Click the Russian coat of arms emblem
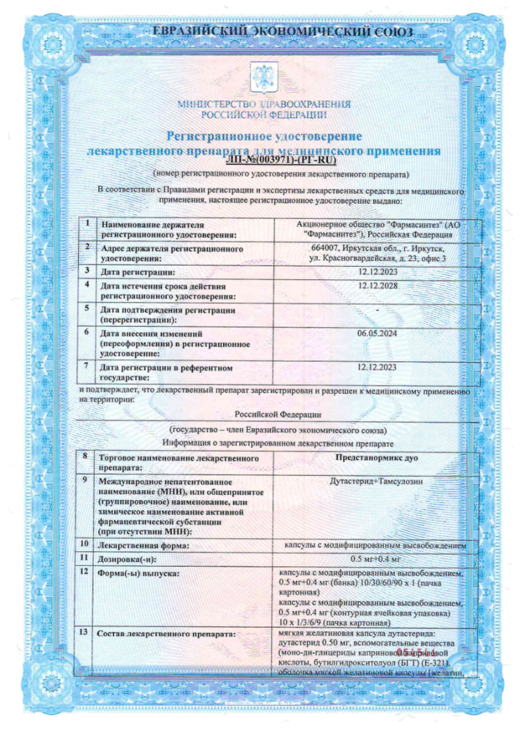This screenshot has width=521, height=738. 260,77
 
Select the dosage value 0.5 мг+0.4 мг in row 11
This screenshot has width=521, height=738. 375,559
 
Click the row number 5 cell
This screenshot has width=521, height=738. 87,309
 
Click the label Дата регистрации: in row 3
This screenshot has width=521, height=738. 138,271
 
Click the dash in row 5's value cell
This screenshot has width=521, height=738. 377,309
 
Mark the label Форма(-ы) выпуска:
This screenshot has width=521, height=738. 138,573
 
